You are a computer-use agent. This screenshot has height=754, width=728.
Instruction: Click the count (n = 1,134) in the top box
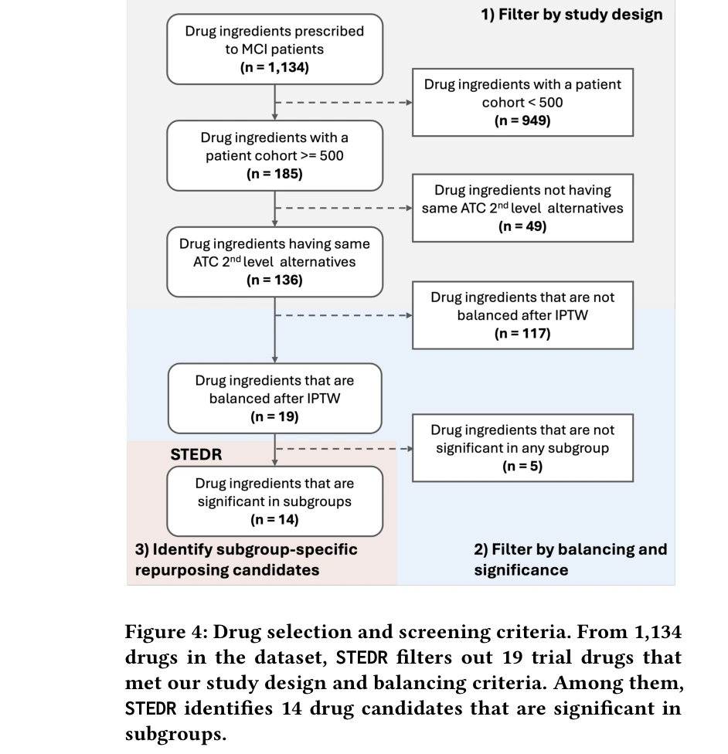[x=274, y=67]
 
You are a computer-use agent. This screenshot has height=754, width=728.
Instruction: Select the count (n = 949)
[x=522, y=121]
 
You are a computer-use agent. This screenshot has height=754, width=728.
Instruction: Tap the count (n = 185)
[x=274, y=174]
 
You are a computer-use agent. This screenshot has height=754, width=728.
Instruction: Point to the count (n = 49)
[x=522, y=226]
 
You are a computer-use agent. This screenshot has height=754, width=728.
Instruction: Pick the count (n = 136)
[x=274, y=280]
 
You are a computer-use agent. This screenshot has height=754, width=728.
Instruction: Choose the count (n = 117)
[x=522, y=334]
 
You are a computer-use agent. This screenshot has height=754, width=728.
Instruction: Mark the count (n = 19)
[x=274, y=417]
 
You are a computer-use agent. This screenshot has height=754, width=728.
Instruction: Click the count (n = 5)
[x=522, y=467]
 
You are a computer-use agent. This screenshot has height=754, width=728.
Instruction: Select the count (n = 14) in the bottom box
[x=274, y=519]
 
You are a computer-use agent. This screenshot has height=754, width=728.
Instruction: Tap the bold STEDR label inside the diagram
[x=196, y=455]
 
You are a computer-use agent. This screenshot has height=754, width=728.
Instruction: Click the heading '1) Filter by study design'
[x=572, y=14]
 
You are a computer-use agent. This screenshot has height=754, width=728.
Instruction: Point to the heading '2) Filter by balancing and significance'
[x=570, y=559]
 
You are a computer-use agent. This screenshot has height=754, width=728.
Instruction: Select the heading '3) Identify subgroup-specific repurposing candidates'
[x=246, y=559]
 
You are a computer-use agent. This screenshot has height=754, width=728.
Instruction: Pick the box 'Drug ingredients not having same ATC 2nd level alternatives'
[x=522, y=208]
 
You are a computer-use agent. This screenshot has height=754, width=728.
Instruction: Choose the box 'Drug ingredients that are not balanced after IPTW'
[x=522, y=315]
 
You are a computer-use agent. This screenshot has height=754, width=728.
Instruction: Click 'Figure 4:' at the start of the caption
[x=165, y=632]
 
